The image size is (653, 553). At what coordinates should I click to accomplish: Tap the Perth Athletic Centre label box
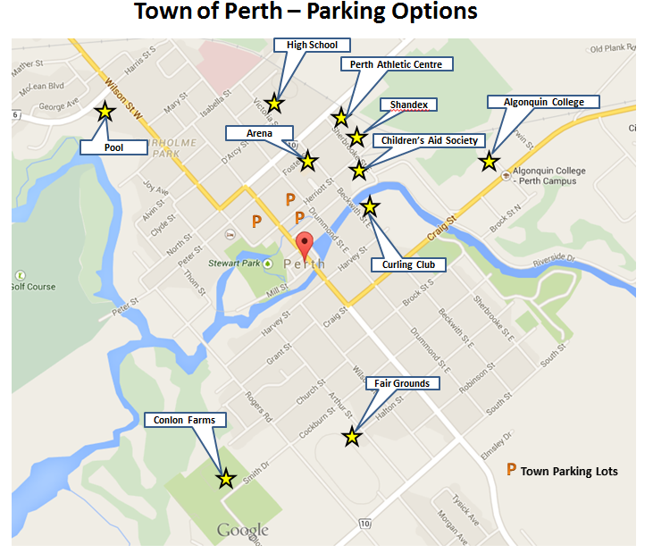point(397,64)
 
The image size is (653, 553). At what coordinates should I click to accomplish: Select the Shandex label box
point(409,105)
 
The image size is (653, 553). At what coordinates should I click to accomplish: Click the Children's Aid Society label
point(430,140)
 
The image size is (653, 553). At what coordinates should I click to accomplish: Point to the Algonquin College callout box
point(543,102)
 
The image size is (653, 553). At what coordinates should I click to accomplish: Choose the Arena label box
point(260,133)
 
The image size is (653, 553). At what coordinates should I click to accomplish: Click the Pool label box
point(113,147)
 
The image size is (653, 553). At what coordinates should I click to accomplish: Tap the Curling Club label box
point(414,264)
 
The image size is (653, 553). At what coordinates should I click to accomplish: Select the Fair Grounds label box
point(402,383)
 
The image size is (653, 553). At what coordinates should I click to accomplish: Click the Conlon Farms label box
point(185,419)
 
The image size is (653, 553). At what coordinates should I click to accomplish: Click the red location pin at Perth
point(306,244)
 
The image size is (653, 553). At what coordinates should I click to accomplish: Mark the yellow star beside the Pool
point(105,112)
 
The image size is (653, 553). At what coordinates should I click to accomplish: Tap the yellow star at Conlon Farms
point(226,479)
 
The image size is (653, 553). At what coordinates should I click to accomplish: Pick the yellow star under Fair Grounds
point(352,436)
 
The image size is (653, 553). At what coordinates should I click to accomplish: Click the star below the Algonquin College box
point(489,162)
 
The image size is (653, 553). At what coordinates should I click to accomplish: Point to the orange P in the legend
point(511,469)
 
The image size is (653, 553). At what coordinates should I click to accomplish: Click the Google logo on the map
point(242,531)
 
